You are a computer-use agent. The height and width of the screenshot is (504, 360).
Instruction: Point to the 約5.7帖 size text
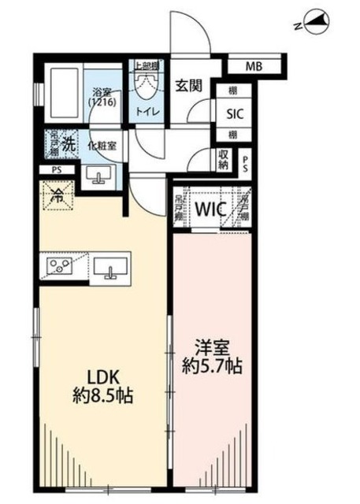(212, 366)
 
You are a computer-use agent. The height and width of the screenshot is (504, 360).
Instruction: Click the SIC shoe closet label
(235, 113)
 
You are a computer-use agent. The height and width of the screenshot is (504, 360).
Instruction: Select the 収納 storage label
(225, 161)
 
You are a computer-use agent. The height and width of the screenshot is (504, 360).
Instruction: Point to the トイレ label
(148, 112)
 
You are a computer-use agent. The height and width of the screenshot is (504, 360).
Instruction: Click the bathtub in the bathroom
(63, 93)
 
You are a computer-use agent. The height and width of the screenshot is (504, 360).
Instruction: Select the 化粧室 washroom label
(103, 146)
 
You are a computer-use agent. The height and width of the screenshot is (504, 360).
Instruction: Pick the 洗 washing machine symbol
(69, 144)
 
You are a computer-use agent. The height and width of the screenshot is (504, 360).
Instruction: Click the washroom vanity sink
(98, 176)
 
